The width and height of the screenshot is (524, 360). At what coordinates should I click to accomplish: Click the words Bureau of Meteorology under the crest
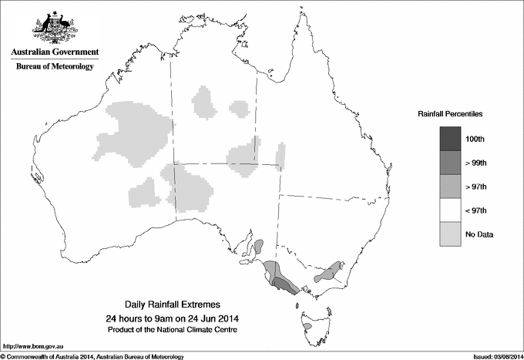click(55, 67)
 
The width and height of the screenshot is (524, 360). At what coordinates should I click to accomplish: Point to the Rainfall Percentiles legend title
click(450, 114)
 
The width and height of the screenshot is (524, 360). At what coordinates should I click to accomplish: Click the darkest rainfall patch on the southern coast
click(285, 286)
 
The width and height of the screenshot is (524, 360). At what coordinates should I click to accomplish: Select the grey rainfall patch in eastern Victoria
click(331, 271)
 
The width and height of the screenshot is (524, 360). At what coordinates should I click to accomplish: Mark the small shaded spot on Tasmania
click(307, 326)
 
